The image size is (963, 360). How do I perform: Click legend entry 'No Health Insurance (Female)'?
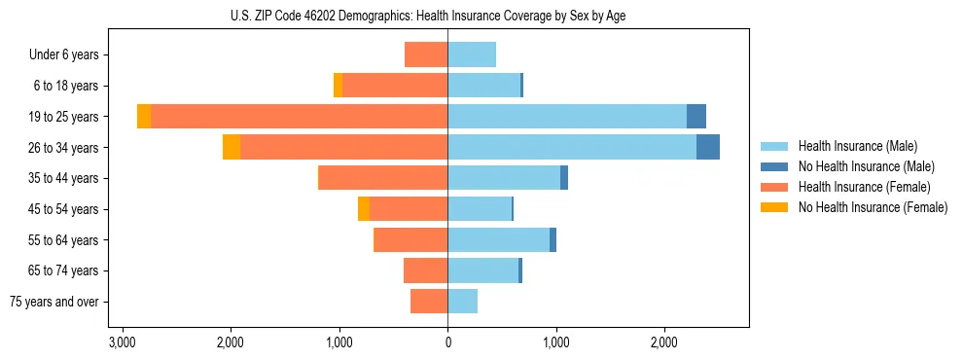[873, 207]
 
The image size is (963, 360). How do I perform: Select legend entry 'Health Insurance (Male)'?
[857, 146]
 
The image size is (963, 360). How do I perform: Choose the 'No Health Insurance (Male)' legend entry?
[866, 166]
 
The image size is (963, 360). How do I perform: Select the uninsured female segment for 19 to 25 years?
[144, 117]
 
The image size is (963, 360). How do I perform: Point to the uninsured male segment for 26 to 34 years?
[708, 147]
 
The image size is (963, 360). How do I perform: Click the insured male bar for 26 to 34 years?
[572, 147]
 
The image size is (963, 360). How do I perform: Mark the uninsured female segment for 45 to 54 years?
[364, 209]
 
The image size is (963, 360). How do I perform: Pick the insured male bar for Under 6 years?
[472, 54]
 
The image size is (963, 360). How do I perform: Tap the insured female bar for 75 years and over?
[429, 302]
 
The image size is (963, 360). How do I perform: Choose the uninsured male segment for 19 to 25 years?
[696, 117]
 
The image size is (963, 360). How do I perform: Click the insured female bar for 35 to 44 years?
[383, 178]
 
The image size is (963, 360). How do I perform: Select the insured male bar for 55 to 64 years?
[498, 239]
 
